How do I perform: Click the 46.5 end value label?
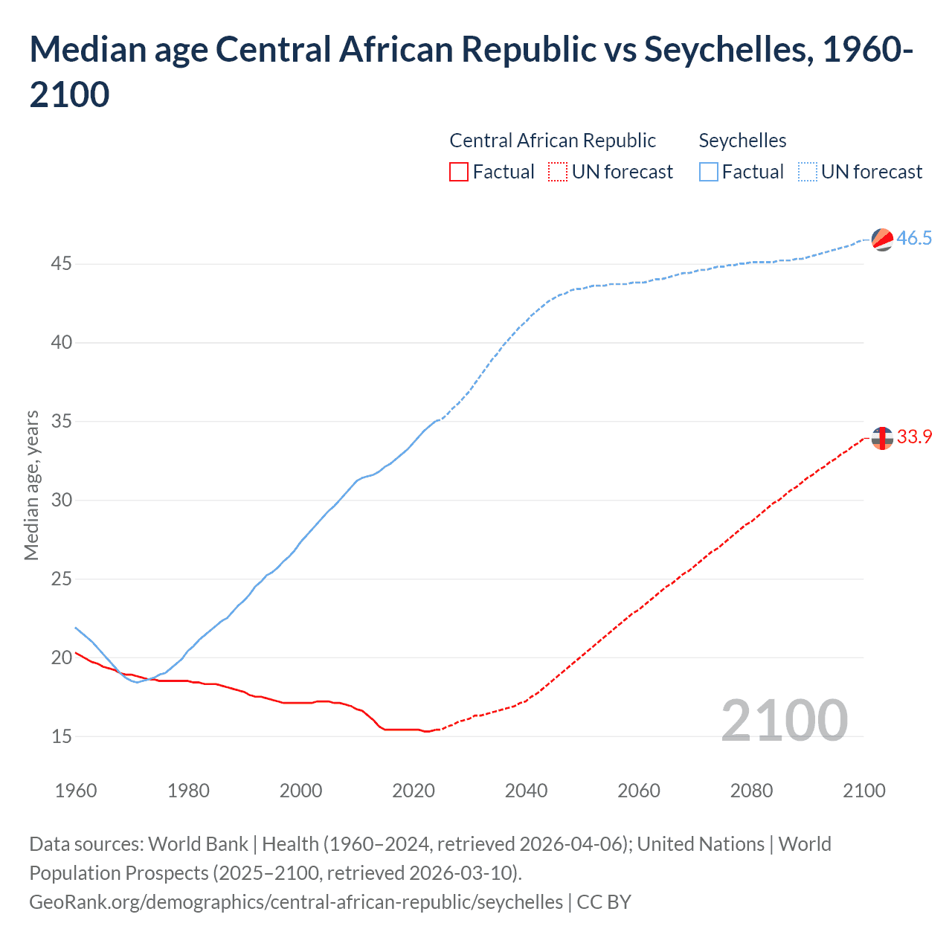pos(914,238)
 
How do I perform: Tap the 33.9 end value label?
pos(914,437)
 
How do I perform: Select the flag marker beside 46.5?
pos(882,239)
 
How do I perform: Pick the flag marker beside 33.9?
pos(882,438)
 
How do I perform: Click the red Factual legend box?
pos(459,172)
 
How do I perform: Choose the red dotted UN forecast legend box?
pos(558,172)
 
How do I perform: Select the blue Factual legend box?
pos(709,172)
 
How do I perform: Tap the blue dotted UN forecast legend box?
pos(807,172)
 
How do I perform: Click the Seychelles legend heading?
pos(742,141)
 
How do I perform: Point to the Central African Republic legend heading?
pos(553,141)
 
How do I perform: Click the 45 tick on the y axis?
pos(62,264)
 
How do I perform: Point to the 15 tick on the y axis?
pos(62,736)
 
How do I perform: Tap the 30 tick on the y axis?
pos(62,500)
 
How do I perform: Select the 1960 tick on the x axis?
pos(76,791)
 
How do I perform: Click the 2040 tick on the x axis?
pos(526,791)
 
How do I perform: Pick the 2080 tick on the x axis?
pos(751,791)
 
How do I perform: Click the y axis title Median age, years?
pos(31,485)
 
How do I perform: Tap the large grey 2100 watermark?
pos(784,720)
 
